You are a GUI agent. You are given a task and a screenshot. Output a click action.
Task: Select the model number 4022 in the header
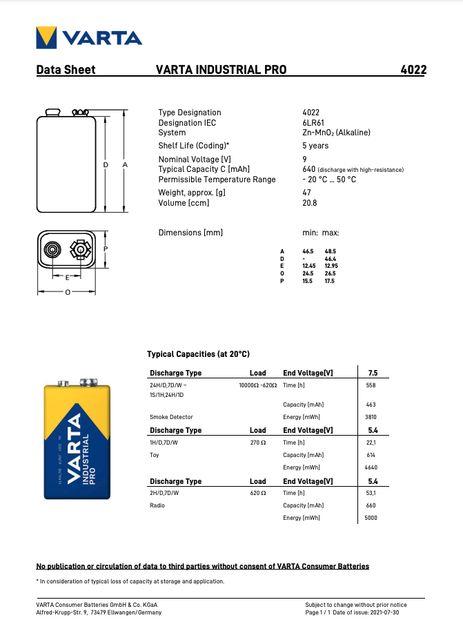413,70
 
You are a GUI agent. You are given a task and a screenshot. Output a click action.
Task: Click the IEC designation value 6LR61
313,123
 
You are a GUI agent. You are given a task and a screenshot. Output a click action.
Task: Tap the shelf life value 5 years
315,146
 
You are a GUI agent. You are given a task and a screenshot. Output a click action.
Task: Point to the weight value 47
306,193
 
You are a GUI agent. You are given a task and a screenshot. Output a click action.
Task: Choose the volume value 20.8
310,203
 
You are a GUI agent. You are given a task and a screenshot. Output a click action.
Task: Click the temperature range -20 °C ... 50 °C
329,180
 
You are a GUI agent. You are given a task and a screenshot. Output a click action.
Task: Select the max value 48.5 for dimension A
330,251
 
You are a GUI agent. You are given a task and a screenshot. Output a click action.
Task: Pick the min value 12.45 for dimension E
309,266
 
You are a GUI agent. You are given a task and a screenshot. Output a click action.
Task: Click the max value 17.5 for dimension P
330,281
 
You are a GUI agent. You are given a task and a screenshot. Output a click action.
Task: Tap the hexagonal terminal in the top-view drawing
80,249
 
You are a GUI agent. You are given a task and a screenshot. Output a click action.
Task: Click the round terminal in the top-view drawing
52,249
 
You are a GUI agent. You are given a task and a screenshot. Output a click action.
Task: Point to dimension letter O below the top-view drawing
67,292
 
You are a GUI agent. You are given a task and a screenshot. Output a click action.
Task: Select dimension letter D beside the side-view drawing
106,165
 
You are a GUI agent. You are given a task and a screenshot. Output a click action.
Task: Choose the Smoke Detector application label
171,417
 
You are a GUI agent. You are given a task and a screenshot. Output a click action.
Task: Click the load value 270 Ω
258,443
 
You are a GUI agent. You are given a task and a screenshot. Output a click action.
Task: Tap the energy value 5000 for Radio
371,518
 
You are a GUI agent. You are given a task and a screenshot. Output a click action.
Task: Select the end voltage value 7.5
373,373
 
